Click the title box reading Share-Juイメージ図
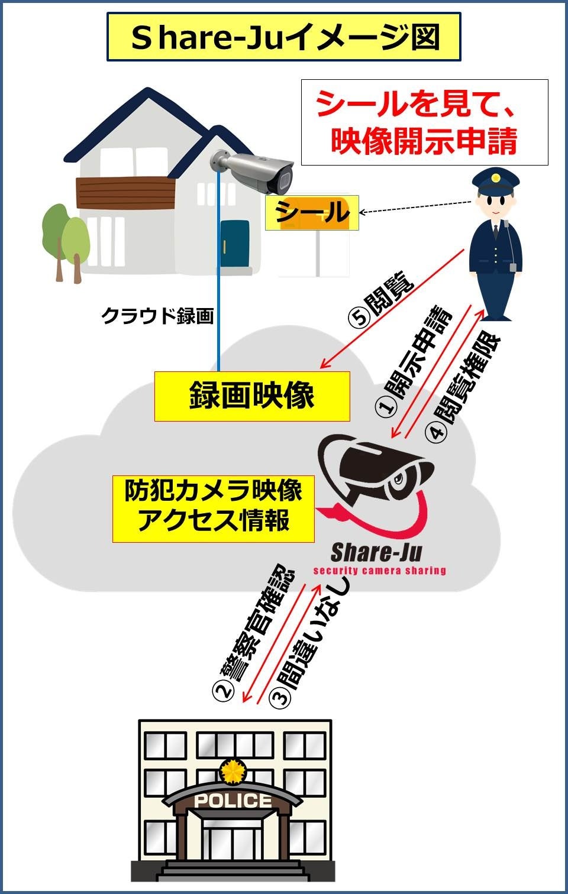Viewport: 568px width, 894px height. pyautogui.click(x=283, y=37)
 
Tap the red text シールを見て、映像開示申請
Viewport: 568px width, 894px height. pyautogui.click(x=424, y=122)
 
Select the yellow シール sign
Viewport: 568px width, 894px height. pyautogui.click(x=312, y=213)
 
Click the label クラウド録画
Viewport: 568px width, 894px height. pyautogui.click(x=157, y=316)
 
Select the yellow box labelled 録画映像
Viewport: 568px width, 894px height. pyautogui.click(x=252, y=396)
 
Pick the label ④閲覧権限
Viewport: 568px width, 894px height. pyautogui.click(x=464, y=387)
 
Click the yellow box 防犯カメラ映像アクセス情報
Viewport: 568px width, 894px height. pyautogui.click(x=214, y=508)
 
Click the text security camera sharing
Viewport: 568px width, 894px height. pyautogui.click(x=379, y=571)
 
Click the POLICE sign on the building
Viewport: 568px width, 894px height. pyautogui.click(x=233, y=801)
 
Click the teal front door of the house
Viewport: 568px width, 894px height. pyautogui.click(x=235, y=244)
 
